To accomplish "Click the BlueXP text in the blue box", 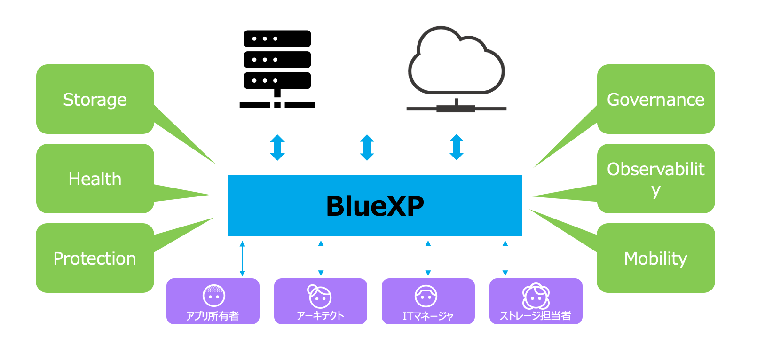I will coord(375,206).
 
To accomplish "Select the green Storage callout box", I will coord(95,100).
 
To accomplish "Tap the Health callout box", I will coord(95,179).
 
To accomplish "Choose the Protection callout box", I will coord(95,258).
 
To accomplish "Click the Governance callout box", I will coord(655,100).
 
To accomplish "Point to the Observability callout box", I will coord(655,179).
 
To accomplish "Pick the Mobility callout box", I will coord(655,258).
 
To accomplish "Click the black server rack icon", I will coord(277,68).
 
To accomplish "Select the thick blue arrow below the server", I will coord(277,148).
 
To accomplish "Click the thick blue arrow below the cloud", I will coord(457,147).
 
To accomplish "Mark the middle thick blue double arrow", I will coord(367,148).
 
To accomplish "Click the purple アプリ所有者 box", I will coord(213,301).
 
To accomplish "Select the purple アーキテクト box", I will coord(320,301).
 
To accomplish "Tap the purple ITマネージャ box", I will coord(428,301).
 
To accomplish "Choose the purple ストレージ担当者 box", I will coord(536,301).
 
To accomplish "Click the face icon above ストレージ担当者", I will coord(536,296).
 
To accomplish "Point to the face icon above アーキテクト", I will coord(320,296).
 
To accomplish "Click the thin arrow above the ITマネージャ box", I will coord(428,258).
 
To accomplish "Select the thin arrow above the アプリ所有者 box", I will coord(242,258).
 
